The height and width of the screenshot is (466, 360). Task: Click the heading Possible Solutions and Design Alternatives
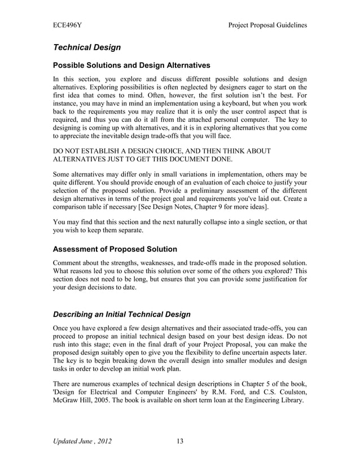pos(131,65)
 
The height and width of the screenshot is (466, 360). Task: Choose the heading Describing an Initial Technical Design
pos(121,314)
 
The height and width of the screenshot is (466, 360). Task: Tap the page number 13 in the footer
pos(180,441)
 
